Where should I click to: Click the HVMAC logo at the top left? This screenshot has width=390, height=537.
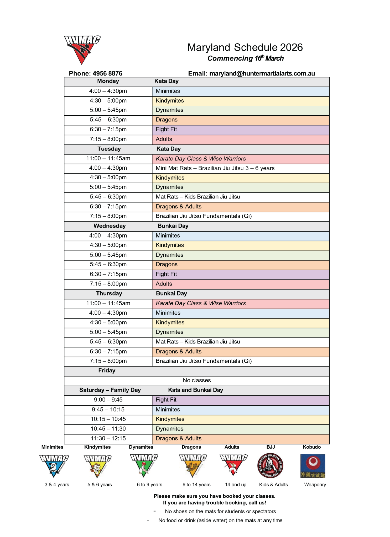(x=82, y=49)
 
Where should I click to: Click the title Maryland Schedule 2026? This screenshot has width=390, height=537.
(x=245, y=47)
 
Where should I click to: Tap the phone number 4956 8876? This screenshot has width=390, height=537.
(x=107, y=73)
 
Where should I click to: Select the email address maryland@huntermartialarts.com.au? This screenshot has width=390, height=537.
(x=262, y=73)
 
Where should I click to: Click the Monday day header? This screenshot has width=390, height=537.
(x=108, y=81)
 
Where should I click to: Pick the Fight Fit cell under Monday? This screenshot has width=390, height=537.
(x=240, y=130)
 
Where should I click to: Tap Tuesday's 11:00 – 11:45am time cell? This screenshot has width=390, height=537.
(x=108, y=158)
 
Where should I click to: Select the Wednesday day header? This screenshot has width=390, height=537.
(x=110, y=226)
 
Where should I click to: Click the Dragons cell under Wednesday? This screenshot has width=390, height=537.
(x=240, y=265)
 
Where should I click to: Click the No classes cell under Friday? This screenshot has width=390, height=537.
(x=197, y=380)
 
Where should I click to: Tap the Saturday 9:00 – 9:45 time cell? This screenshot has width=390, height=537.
(x=108, y=400)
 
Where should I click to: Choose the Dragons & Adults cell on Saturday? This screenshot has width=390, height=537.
(x=240, y=438)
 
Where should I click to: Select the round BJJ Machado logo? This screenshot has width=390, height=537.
(x=270, y=466)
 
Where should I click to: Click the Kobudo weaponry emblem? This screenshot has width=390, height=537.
(x=313, y=466)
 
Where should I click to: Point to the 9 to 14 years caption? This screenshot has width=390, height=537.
(x=196, y=485)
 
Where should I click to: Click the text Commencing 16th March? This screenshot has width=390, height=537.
(x=245, y=58)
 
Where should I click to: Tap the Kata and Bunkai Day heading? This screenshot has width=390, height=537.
(x=195, y=390)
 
